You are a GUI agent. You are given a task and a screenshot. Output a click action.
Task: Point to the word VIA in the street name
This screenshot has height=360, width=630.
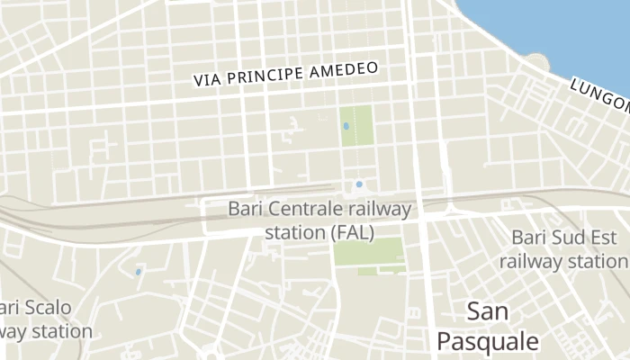(x=206, y=80)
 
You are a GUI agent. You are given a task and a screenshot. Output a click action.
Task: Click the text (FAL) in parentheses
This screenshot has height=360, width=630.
(x=352, y=232)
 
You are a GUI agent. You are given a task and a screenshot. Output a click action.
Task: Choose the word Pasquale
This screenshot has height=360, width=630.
(x=488, y=341)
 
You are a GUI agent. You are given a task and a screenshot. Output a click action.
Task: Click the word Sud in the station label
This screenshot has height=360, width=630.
(x=568, y=238)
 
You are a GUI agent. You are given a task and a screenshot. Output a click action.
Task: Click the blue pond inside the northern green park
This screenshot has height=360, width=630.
(x=347, y=127)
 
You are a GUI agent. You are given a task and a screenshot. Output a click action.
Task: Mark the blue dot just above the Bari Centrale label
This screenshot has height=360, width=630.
(x=359, y=184)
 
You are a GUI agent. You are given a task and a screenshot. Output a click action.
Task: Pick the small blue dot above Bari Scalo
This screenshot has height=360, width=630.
(x=138, y=271)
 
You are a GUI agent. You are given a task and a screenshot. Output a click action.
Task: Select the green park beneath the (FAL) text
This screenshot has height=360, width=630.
(x=369, y=256)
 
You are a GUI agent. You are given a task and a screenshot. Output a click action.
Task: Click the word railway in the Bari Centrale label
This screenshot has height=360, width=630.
(x=377, y=210)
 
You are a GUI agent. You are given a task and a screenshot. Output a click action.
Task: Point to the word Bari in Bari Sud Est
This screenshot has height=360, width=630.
(x=529, y=238)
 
